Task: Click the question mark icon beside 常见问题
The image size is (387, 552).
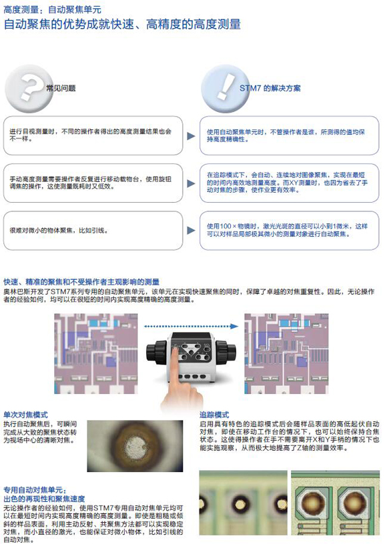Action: click(29, 89)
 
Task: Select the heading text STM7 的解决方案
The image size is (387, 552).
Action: click(270, 89)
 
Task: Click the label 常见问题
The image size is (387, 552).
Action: click(61, 88)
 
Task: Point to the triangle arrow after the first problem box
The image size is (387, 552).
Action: click(191, 136)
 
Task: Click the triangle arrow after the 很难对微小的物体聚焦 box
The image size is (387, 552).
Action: click(191, 231)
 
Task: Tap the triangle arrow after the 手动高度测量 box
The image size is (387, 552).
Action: click(191, 183)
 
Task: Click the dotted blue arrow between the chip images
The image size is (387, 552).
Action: click(191, 327)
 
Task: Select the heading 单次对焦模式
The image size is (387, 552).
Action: click(25, 415)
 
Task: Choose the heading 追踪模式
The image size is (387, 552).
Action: click(214, 415)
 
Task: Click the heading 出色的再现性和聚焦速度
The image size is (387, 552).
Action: click(44, 499)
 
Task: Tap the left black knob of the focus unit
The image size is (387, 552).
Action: click(156, 353)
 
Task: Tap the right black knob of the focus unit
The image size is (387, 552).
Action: click(226, 353)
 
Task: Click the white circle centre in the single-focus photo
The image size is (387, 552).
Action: click(135, 445)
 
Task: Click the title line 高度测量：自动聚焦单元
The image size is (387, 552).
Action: click(52, 9)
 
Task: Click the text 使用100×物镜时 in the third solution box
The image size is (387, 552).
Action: click(232, 227)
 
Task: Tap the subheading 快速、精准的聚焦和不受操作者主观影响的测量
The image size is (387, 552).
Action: click(81, 281)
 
